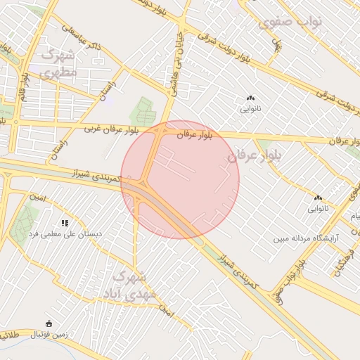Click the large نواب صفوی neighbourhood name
[x=290, y=22]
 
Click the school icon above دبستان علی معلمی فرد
[x=65, y=223]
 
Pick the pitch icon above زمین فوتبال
[x=48, y=324]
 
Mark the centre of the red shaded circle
[x=180, y=179]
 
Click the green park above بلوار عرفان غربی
[x=143, y=111]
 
